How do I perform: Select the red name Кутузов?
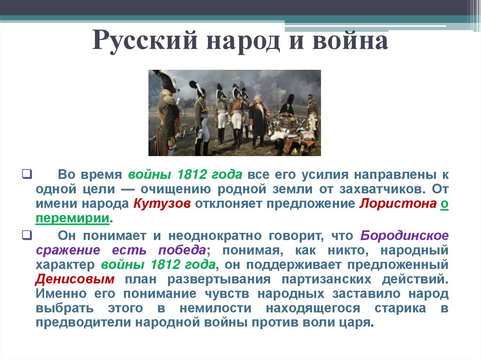pos(162,205)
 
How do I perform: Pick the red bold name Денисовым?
pos(74,279)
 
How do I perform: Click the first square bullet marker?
pos(26,175)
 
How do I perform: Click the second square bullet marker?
pos(26,235)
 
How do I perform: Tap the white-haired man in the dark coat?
pos(258,120)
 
